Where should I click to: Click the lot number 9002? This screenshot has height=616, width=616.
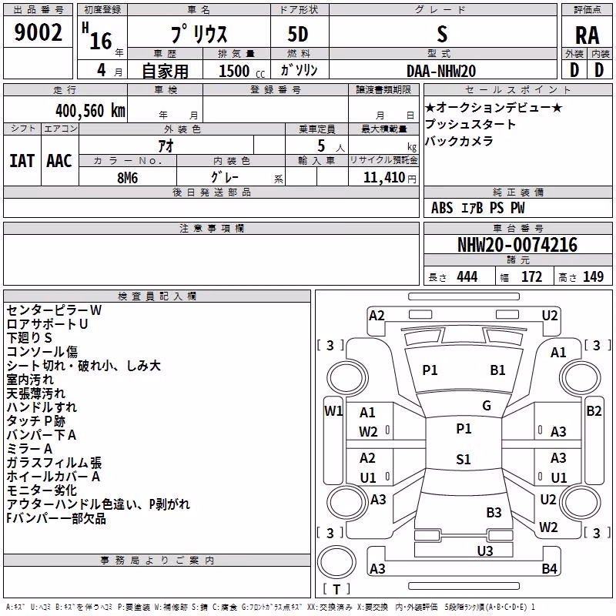point(38,32)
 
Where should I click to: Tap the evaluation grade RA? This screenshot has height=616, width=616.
point(587,35)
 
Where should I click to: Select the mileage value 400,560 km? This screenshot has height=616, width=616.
point(90,111)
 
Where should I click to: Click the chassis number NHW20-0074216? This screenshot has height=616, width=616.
point(517,245)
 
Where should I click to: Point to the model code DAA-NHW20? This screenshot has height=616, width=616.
point(441,71)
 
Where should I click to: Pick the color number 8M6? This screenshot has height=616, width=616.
point(127,178)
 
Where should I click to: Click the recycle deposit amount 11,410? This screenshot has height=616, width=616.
point(383,178)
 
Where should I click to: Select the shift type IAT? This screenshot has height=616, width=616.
point(22,161)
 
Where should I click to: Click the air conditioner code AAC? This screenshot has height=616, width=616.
point(59,161)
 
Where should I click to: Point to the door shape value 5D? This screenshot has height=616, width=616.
point(298,35)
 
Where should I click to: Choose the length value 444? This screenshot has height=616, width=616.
point(467,277)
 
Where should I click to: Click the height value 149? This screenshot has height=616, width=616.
point(593,277)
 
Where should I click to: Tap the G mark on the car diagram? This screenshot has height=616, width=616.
point(487,406)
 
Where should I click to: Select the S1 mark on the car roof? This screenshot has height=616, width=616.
point(464,459)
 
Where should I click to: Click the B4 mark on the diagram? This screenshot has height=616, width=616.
point(549,568)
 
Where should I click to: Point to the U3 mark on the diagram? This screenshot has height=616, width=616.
point(485,551)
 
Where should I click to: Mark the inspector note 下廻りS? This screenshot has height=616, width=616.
point(29,338)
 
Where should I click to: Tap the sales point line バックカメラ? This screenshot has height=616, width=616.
point(458,141)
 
